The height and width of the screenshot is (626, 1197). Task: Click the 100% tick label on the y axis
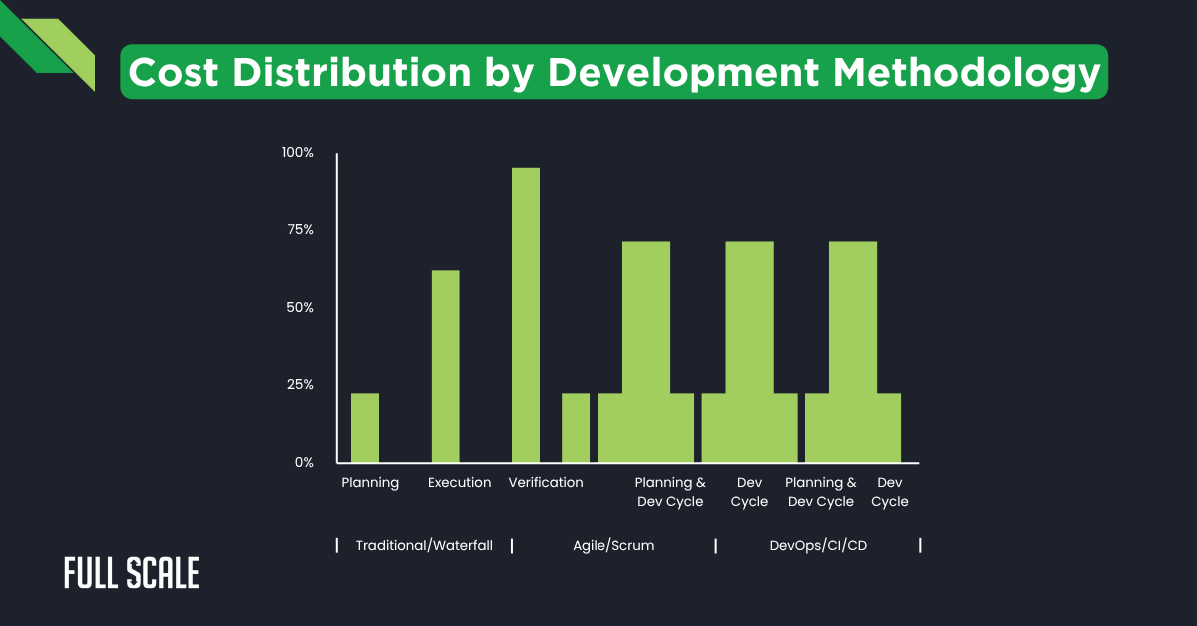click(298, 153)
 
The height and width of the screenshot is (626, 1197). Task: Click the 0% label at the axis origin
click(304, 463)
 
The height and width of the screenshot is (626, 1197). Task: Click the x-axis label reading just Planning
click(370, 483)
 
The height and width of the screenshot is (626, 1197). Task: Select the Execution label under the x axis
click(459, 483)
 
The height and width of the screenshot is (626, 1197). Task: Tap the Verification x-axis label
click(545, 483)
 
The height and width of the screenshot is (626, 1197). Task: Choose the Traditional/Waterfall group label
click(424, 546)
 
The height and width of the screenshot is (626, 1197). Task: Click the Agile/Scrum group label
click(613, 546)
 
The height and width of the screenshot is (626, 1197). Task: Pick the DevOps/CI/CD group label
click(818, 546)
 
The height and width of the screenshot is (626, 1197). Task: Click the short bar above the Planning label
click(365, 428)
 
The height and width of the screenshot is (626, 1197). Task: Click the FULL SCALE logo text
click(131, 573)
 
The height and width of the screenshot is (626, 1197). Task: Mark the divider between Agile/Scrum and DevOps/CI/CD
click(716, 546)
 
